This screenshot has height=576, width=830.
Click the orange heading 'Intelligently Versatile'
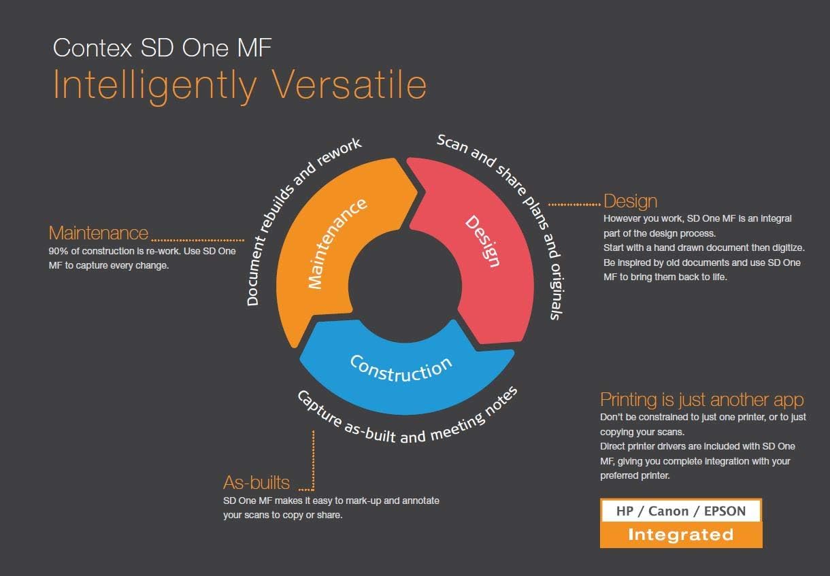coord(239,86)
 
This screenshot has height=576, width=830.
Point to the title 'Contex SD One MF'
coord(163,48)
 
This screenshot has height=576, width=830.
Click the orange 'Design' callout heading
coord(630,202)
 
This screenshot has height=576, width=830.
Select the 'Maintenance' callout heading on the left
coord(99,233)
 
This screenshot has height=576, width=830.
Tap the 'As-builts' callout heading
coord(256,482)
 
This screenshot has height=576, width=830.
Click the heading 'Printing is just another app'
coord(702,400)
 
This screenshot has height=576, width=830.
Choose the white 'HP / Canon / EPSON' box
coord(681,511)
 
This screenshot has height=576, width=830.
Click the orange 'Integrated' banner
coord(681,535)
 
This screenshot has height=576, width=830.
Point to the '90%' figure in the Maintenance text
coord(59,251)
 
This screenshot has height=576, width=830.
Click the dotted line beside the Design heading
coord(574,205)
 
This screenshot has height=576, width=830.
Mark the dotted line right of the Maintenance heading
coord(198,240)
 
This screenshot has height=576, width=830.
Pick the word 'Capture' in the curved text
coord(319,408)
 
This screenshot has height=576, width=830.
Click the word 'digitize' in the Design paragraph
coord(788,248)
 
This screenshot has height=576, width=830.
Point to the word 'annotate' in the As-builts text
coord(420,501)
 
